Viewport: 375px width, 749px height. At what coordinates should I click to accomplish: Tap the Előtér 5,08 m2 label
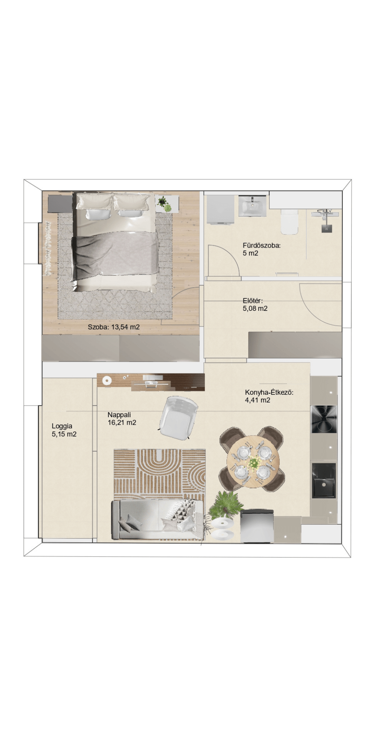[255, 304]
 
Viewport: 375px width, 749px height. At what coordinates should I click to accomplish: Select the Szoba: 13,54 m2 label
[114, 327]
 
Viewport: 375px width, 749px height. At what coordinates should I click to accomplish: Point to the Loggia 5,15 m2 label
[64, 430]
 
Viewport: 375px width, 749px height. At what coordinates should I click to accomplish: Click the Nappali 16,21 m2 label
[122, 419]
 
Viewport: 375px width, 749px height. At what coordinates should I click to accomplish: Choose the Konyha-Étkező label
[269, 392]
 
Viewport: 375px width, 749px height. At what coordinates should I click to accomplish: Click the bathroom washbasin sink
[252, 206]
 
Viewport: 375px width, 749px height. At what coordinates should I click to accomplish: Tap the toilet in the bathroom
[289, 221]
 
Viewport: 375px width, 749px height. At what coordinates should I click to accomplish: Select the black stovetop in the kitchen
[324, 419]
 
